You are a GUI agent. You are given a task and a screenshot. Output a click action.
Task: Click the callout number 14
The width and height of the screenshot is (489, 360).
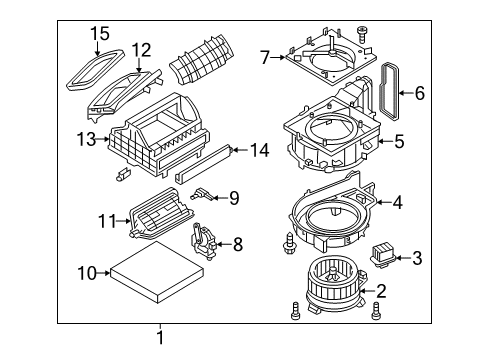260,151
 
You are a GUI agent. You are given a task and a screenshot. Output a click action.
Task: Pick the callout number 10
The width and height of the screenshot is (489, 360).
87,271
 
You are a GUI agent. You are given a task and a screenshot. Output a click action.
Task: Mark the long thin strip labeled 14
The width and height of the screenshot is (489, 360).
206,163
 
